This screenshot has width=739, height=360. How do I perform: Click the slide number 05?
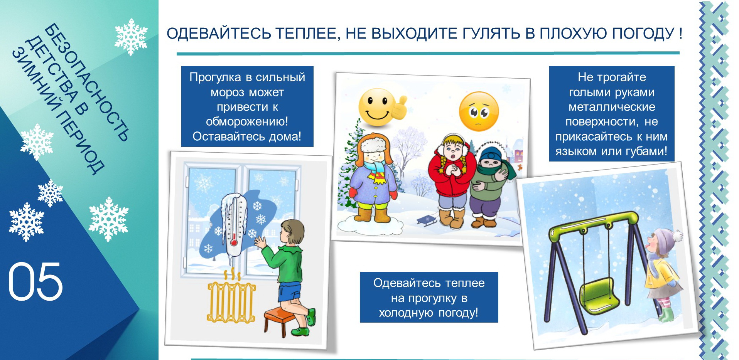pos(35,281)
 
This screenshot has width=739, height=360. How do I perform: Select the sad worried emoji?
pos(479,111)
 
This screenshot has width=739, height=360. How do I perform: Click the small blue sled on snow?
pos(427,221)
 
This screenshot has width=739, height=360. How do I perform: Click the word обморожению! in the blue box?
pos(247,122)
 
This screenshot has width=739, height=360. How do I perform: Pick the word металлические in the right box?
pos(612,107)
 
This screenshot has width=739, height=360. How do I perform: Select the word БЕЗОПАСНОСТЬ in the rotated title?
pos(86,82)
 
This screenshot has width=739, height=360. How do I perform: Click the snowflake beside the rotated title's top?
pos(131,37)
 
